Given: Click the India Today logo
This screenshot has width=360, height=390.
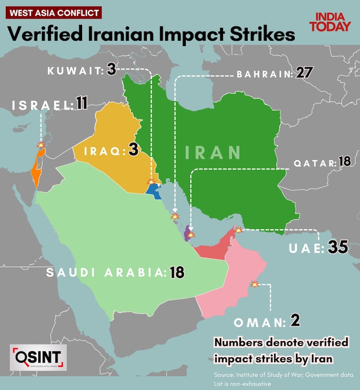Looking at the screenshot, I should [330, 22].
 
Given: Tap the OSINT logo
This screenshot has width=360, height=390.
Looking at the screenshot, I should [38, 357].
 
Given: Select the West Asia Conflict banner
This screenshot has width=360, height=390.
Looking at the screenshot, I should [53, 12].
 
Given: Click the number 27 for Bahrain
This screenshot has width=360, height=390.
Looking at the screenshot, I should [304, 73].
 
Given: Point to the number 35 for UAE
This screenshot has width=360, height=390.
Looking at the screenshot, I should [338, 248].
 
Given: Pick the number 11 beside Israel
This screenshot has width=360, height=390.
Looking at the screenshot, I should [81, 104].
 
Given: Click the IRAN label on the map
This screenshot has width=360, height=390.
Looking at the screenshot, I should [213, 152].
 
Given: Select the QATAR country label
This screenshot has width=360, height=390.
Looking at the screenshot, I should [315, 163].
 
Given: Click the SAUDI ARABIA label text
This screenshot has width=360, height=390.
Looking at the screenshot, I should [106, 273].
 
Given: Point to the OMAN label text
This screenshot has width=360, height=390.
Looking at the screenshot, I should [260, 322].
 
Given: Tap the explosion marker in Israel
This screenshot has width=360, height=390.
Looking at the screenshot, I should [41, 144].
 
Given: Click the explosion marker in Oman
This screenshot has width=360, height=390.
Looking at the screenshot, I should [255, 284].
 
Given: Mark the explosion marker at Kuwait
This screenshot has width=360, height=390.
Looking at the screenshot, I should [152, 182].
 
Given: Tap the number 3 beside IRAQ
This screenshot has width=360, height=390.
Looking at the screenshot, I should [133, 150].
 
